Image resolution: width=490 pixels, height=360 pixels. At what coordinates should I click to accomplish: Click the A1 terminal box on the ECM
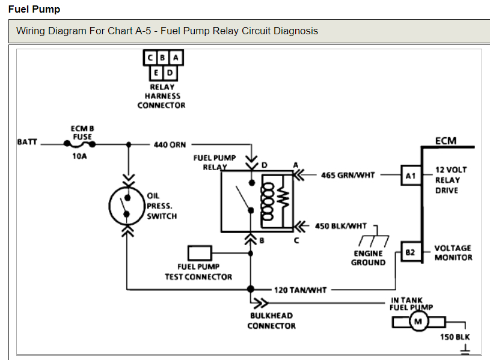click(411, 175)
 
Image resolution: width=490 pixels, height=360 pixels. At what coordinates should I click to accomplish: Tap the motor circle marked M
click(417, 322)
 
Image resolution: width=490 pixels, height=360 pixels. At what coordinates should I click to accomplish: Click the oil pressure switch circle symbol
click(126, 204)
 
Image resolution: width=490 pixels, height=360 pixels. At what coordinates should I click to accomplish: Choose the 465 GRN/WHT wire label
click(348, 175)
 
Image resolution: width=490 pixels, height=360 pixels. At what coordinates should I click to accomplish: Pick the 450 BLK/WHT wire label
click(340, 227)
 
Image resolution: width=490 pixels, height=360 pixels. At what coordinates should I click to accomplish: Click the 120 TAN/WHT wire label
click(300, 290)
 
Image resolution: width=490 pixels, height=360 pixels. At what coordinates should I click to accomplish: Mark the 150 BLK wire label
click(455, 338)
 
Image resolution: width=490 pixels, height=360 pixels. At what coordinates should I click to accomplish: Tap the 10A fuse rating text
click(79, 156)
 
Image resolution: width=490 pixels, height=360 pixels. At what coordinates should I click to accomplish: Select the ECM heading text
click(446, 141)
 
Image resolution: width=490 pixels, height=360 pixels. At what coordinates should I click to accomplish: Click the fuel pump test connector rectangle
click(200, 252)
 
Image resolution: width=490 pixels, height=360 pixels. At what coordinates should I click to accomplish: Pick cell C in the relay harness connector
click(150, 58)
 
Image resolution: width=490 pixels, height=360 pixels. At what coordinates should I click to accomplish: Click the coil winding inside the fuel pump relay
click(268, 198)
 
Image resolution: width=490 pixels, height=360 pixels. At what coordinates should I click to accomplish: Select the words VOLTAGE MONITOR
click(453, 252)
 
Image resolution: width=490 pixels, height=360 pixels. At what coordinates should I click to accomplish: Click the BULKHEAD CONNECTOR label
click(271, 320)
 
